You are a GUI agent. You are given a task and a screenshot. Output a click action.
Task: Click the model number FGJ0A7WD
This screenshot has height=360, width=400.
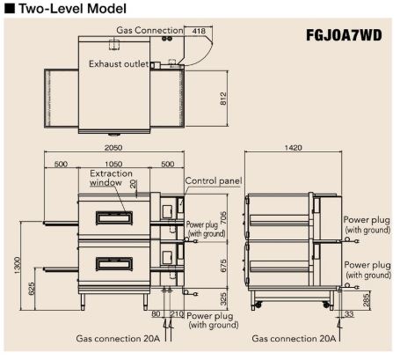[344, 35]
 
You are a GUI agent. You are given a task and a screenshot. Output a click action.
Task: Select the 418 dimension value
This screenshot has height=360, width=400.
[199, 31]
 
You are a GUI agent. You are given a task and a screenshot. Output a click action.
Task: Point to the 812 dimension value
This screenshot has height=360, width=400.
[223, 99]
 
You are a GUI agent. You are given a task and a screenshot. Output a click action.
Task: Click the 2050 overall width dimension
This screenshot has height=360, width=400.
[113, 147]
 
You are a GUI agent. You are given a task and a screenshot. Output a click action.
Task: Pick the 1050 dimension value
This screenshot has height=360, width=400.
[113, 164]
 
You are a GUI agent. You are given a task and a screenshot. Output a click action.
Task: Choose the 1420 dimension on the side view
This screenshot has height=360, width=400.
[293, 147]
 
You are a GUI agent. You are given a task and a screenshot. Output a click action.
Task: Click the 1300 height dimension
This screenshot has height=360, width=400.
[18, 266]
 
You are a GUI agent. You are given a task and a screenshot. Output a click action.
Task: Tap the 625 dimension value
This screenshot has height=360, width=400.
[32, 289]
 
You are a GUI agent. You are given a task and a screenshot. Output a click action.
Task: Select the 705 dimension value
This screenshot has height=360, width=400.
[223, 218]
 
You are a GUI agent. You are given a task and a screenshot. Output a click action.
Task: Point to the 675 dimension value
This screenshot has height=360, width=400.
[223, 266]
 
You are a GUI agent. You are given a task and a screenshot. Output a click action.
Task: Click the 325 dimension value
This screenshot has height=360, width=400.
[223, 298]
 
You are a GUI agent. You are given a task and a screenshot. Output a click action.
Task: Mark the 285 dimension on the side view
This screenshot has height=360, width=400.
[367, 300]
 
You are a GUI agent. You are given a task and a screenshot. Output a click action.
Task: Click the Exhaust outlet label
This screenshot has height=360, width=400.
[119, 64]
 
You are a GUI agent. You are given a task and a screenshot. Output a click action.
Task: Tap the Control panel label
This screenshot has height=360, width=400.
[214, 180]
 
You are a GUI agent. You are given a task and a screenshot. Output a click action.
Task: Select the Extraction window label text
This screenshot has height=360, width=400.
[111, 178]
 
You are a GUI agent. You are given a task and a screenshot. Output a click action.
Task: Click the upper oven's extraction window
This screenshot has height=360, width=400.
[114, 218]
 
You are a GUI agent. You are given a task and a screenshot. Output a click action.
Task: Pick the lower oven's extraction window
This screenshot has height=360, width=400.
[114, 263]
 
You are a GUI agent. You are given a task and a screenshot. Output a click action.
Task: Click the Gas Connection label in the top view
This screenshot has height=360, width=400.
[149, 30]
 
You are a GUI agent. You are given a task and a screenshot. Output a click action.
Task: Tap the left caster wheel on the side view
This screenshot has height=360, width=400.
[258, 305]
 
